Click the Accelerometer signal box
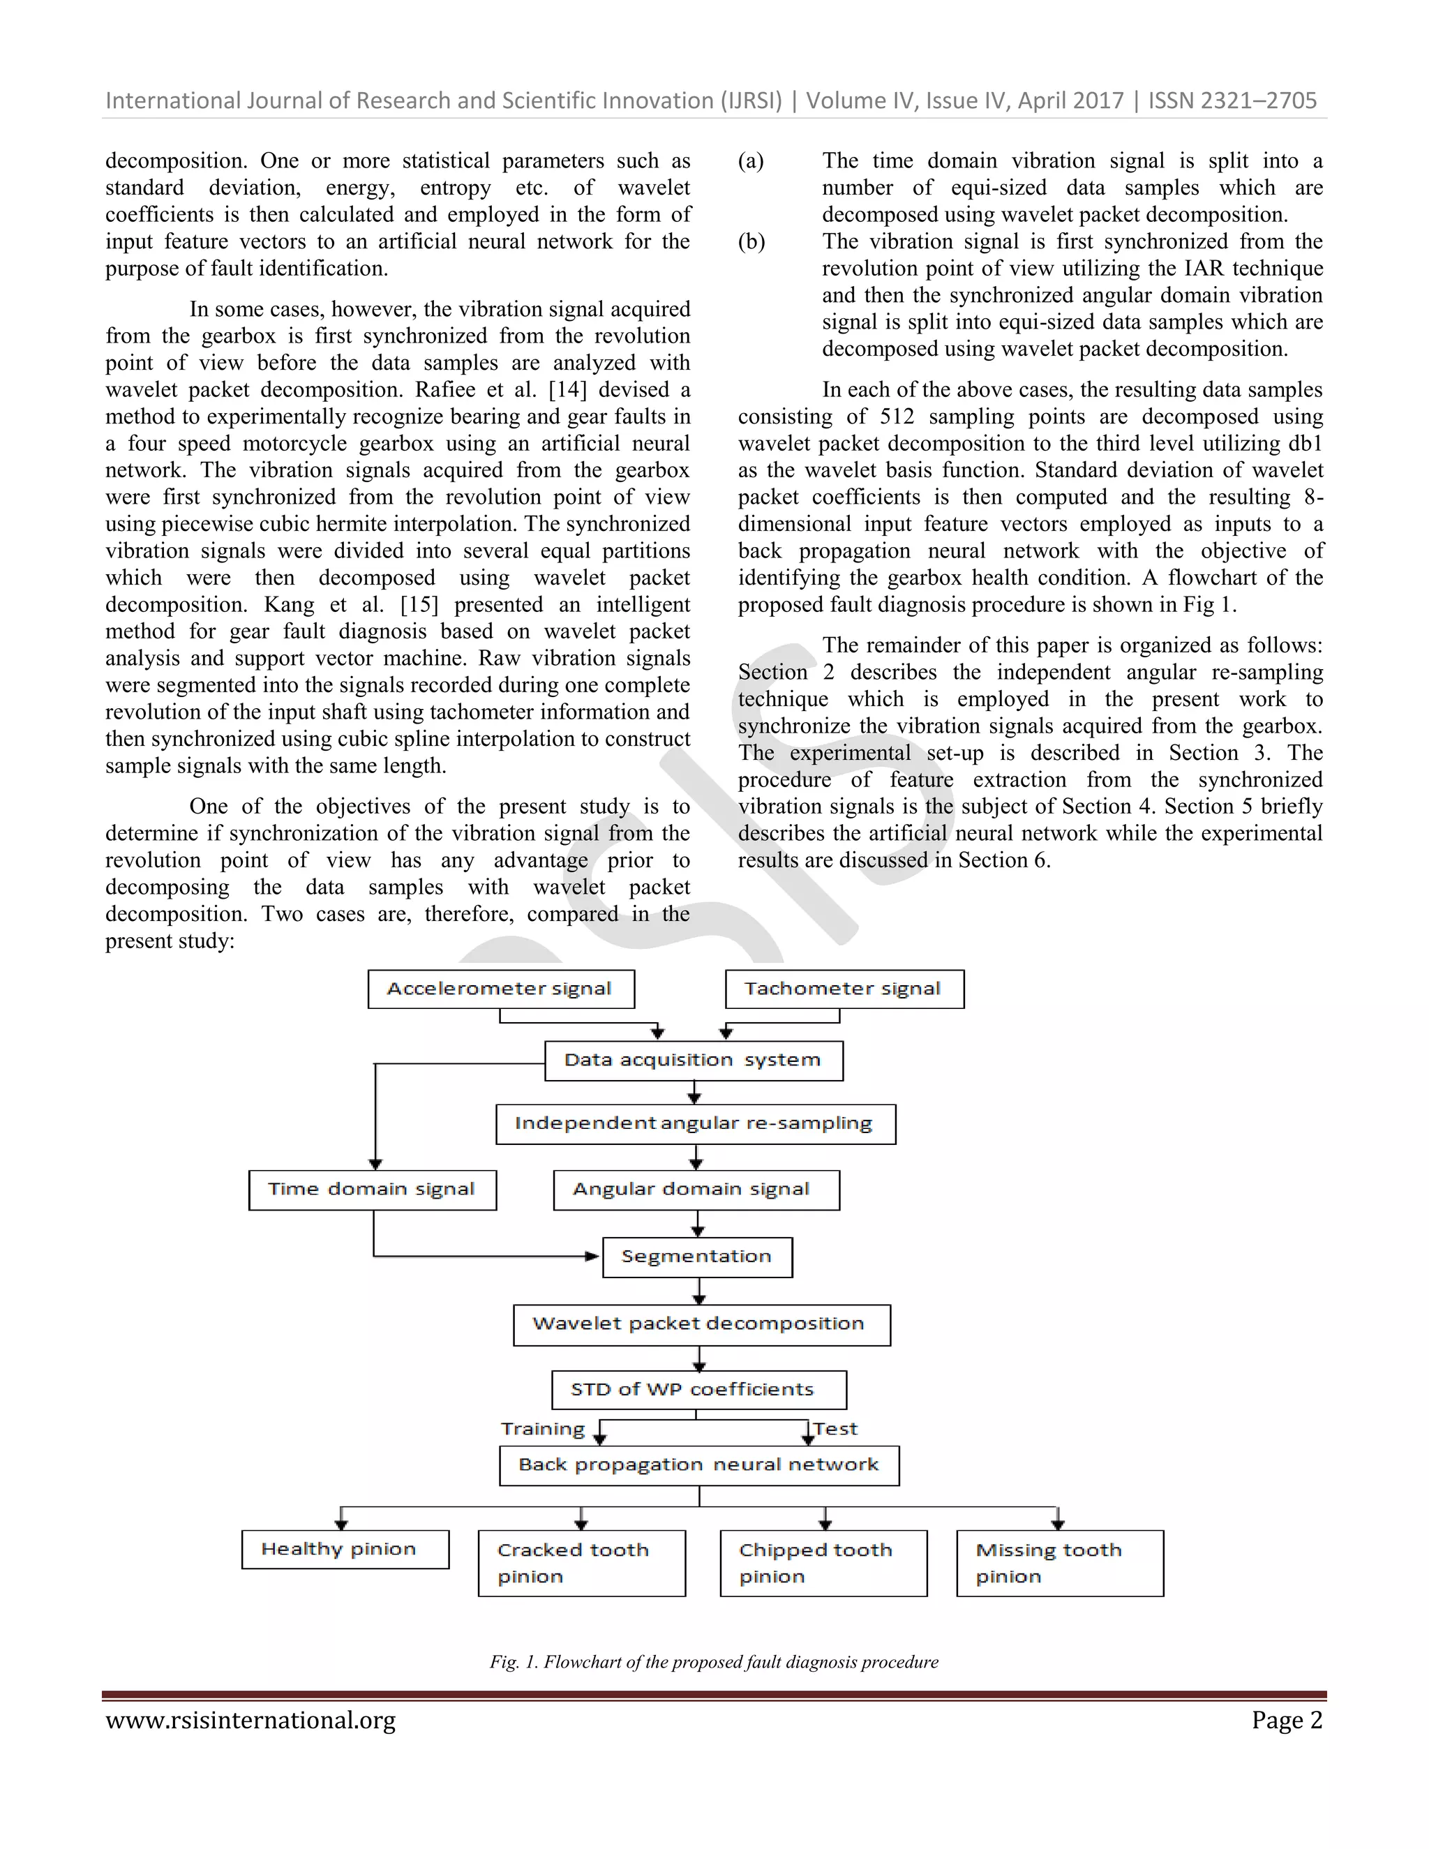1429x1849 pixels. click(500, 989)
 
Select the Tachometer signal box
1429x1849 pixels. click(844, 989)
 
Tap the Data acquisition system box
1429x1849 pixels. click(694, 1061)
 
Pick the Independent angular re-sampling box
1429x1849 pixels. click(695, 1123)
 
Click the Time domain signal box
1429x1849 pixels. click(372, 1190)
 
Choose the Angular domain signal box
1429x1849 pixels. click(696, 1190)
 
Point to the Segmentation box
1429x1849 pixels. click(697, 1257)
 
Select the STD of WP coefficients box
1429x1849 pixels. click(698, 1389)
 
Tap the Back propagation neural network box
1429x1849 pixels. click(698, 1465)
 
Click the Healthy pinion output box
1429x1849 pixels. click(345, 1548)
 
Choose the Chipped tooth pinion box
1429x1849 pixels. click(823, 1562)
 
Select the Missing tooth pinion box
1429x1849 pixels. click(1059, 1562)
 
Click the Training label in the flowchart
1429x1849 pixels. click(543, 1429)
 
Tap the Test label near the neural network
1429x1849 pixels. click(835, 1429)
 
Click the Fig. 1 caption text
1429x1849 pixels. click(714, 1662)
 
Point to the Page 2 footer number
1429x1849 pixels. click(1286, 1721)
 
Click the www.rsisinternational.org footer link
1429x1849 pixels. click(250, 1721)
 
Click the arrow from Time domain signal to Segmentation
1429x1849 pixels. click(483, 1257)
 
